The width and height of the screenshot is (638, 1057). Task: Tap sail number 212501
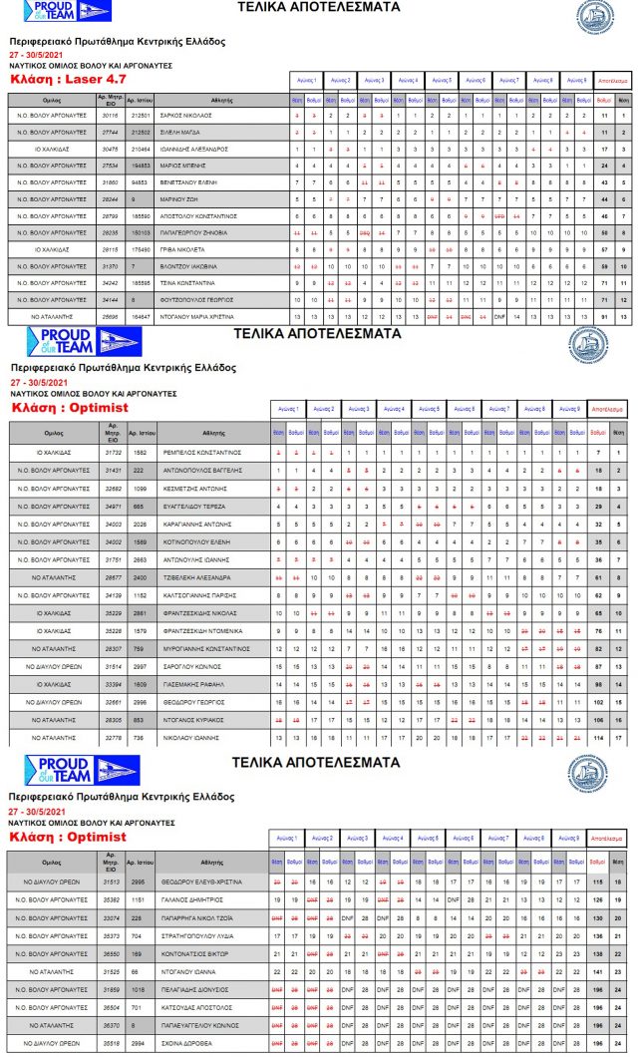point(141,116)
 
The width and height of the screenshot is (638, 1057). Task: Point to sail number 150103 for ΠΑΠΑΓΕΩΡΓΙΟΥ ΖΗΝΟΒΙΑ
point(141,231)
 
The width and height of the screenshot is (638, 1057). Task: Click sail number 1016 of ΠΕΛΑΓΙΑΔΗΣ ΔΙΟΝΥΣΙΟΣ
point(141,988)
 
